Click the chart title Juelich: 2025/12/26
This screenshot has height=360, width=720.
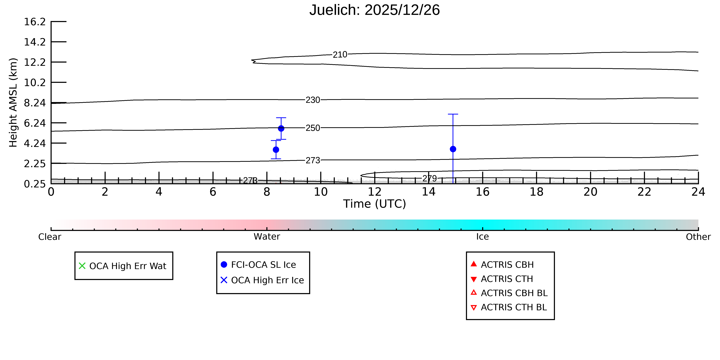point(375,10)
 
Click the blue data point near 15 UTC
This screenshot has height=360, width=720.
point(453,149)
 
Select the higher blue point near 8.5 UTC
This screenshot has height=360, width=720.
point(281,128)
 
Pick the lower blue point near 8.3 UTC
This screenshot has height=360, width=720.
point(276,149)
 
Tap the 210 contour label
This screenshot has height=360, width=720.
point(340,54)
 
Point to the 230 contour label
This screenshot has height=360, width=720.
point(313,100)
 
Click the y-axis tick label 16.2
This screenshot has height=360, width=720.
point(35,21)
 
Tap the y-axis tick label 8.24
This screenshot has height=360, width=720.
point(35,103)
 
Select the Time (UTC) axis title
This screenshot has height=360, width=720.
point(375,204)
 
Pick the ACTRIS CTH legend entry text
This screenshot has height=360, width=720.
point(507,279)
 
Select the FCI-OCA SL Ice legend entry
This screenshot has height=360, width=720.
point(263,265)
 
